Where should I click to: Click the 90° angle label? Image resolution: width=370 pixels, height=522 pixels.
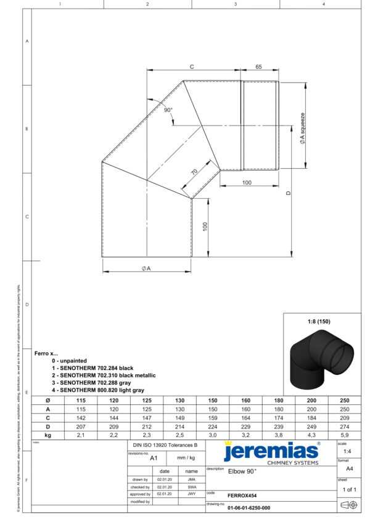point(168,110)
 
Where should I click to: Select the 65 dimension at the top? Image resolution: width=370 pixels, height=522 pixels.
point(258,66)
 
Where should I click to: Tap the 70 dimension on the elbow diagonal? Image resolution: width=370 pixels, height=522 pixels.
point(194,173)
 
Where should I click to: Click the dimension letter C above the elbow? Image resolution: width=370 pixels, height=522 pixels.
point(192,66)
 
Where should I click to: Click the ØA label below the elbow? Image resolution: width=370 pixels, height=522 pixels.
point(146,268)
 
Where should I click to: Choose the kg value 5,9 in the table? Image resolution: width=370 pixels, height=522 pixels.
point(344,435)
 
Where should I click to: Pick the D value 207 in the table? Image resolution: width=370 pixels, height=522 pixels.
point(81,426)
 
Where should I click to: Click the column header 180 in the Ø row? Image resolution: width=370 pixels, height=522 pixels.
point(278,400)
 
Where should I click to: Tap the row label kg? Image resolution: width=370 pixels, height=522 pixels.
point(47,435)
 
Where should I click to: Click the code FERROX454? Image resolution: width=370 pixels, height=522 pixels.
point(242,495)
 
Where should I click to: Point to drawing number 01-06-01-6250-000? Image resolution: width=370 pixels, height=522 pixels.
point(249,508)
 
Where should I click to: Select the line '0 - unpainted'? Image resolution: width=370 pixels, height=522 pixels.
point(69,360)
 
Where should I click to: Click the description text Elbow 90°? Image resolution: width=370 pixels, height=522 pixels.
point(242,471)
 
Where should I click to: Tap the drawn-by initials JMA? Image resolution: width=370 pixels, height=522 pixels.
point(192,478)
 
